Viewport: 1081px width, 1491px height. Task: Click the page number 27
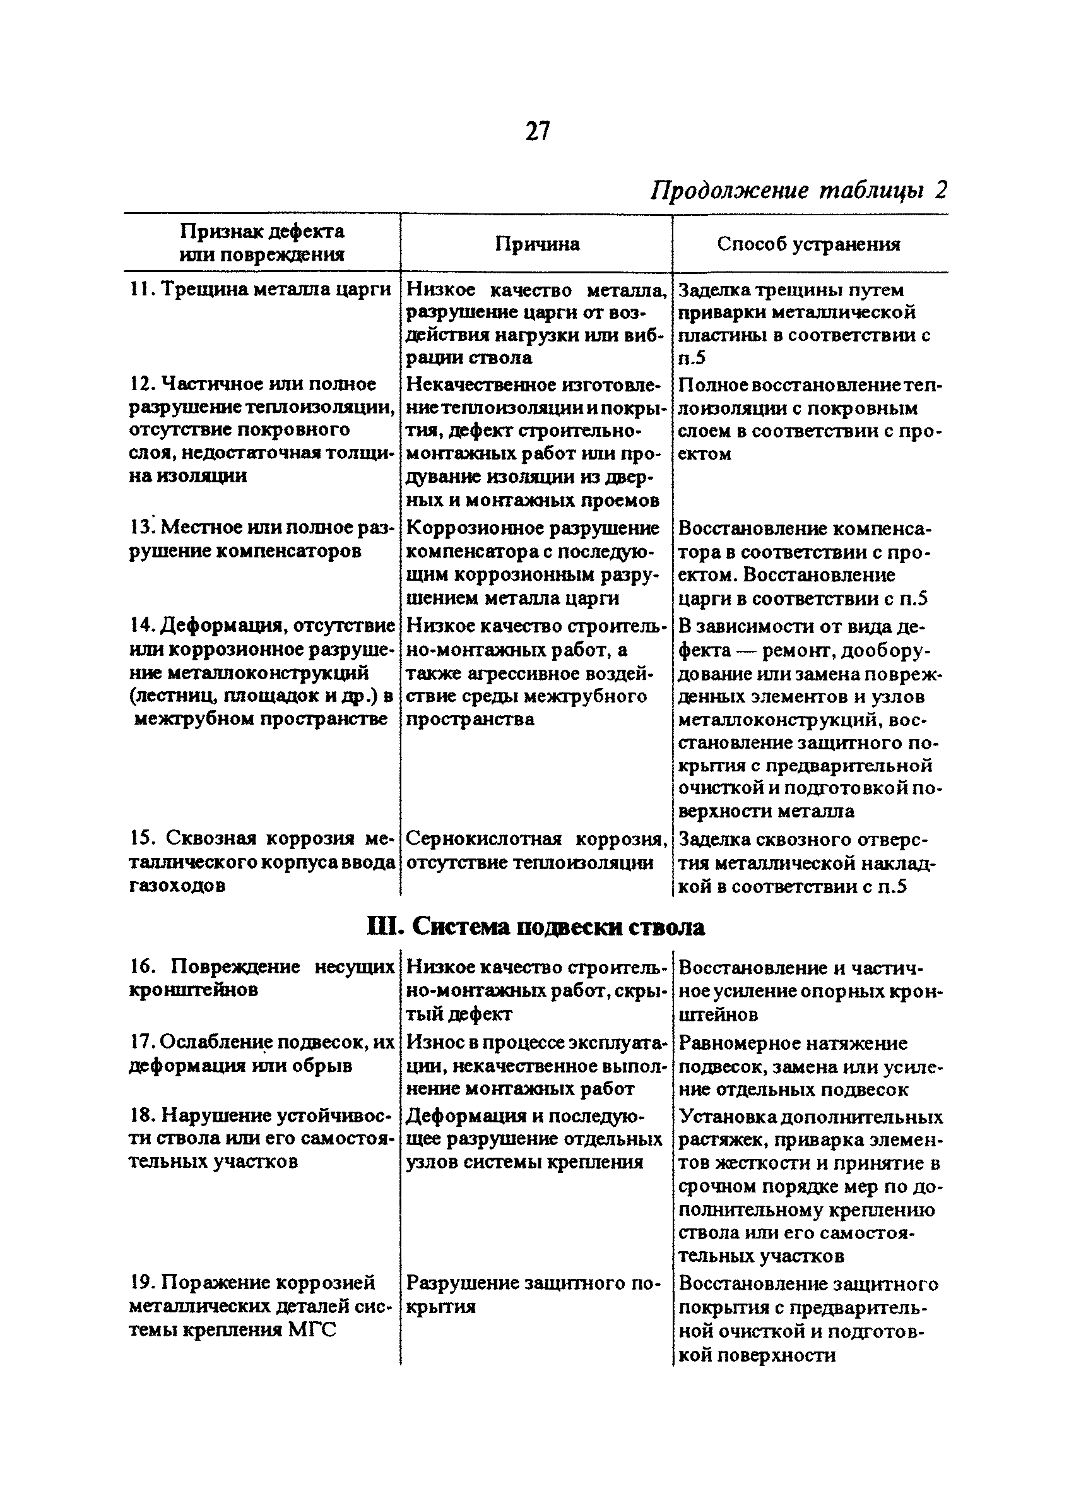(x=537, y=132)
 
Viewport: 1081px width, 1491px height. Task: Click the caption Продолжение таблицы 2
(x=798, y=191)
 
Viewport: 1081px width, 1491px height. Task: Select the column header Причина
(x=537, y=244)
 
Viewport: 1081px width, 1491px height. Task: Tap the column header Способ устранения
(x=808, y=244)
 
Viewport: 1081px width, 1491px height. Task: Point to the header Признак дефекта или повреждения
(x=261, y=242)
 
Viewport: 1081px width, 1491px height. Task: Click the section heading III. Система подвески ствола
(x=536, y=927)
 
